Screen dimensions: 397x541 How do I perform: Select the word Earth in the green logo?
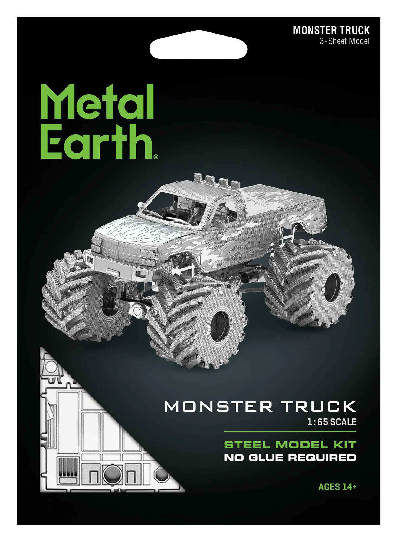pyautogui.click(x=97, y=141)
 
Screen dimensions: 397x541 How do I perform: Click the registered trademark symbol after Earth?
pyautogui.click(x=156, y=157)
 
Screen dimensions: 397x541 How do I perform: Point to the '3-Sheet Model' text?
pyautogui.click(x=344, y=41)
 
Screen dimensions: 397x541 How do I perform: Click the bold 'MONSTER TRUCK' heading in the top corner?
pyautogui.click(x=331, y=30)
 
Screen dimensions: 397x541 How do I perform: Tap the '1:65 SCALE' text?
pyautogui.click(x=332, y=422)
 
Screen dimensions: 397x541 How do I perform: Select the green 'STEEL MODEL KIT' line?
pyautogui.click(x=290, y=445)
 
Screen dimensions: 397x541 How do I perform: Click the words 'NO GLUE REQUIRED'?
pyautogui.click(x=290, y=458)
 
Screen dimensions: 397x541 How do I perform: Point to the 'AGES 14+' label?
pyautogui.click(x=337, y=487)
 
